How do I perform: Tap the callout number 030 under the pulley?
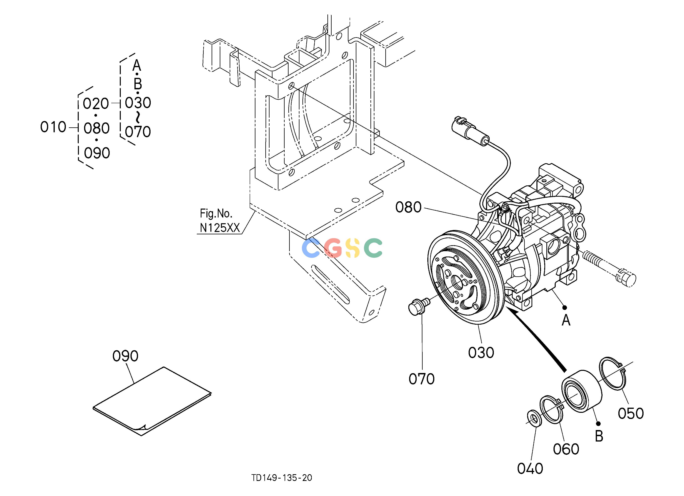[481, 353]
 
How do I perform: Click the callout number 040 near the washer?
[530, 469]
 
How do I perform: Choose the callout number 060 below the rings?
[566, 449]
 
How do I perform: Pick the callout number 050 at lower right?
[631, 413]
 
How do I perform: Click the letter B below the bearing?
[599, 436]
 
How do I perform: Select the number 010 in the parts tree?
[53, 127]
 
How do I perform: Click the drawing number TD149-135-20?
[282, 478]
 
